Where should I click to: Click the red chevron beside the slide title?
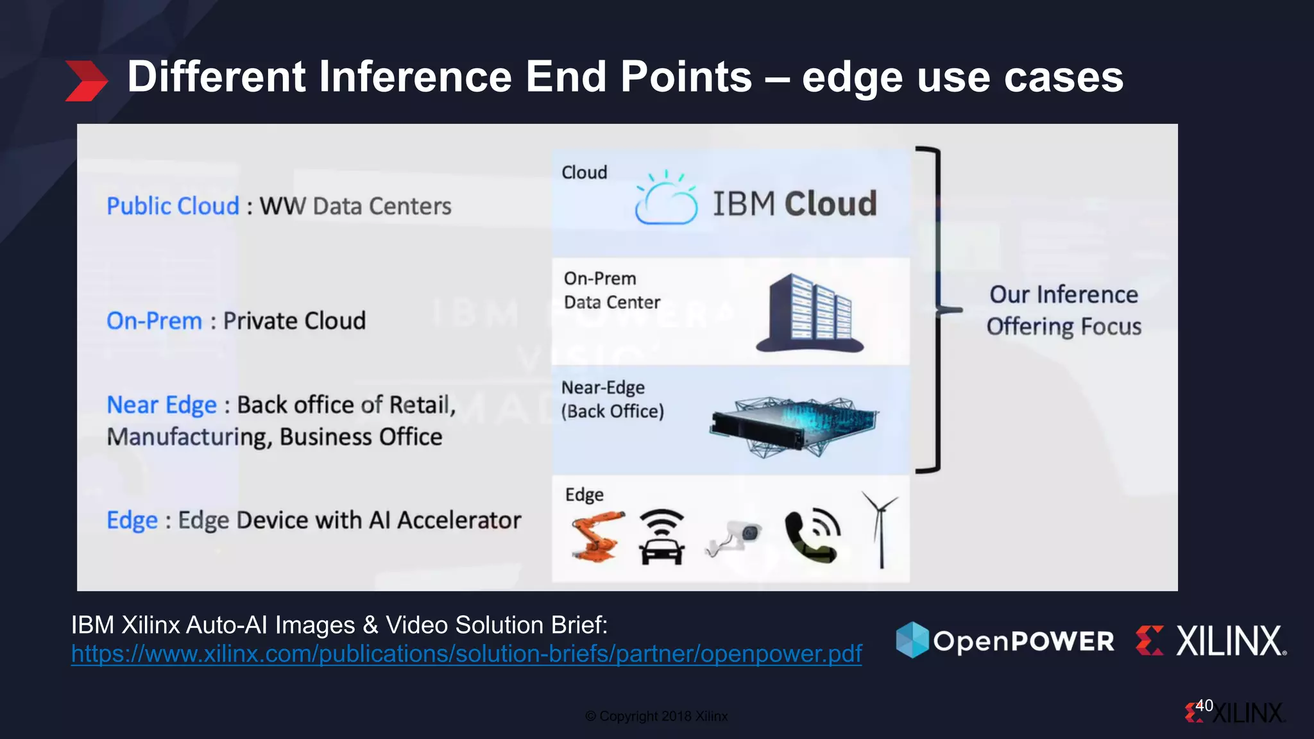click(x=87, y=81)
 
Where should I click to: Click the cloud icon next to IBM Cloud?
click(x=666, y=200)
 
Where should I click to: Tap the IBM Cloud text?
click(x=794, y=204)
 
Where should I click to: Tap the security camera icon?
click(x=735, y=538)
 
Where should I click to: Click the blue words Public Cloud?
click(x=173, y=207)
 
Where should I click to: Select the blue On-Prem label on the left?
click(x=154, y=321)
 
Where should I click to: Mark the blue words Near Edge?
click(x=162, y=405)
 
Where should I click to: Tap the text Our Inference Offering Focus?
click(x=1064, y=310)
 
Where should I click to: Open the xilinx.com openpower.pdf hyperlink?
click(x=466, y=654)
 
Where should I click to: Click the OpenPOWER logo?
click(x=1005, y=640)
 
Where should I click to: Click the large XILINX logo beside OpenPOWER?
click(x=1211, y=640)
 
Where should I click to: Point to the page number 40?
click(x=1204, y=706)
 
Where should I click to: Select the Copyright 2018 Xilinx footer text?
click(x=656, y=717)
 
